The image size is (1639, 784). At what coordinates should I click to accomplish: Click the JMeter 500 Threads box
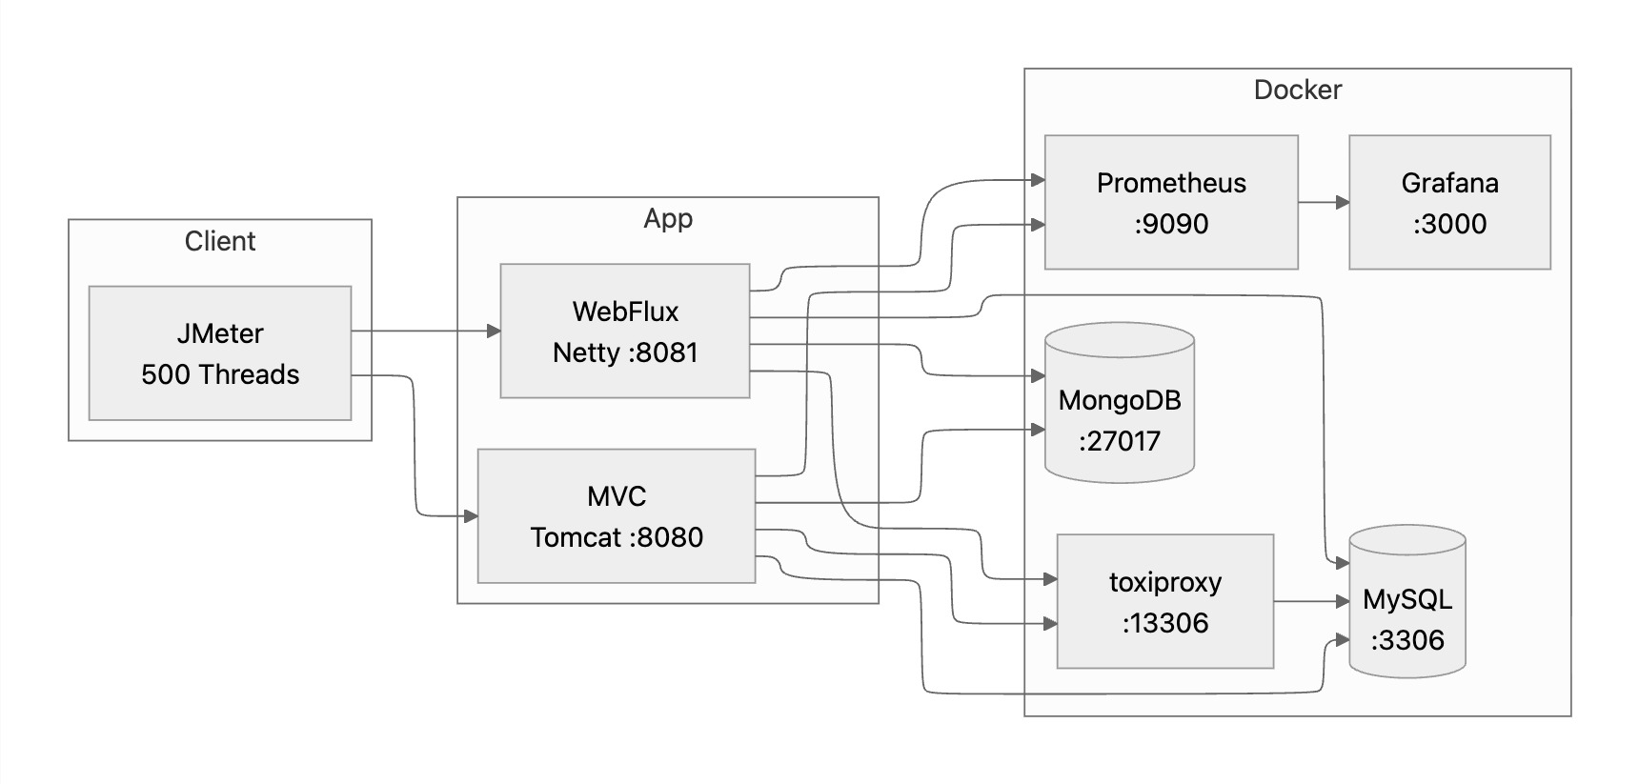pos(220,353)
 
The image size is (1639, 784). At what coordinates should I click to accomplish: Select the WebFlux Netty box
pos(625,331)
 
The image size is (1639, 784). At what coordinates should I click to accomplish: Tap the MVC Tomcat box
pos(617,516)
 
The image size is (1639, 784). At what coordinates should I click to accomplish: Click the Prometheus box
pos(1171,202)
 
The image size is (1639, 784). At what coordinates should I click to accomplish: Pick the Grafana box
pos(1449,202)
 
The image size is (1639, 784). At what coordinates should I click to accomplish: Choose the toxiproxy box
pos(1164,601)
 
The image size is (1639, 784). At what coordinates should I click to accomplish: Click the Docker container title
pos(1297,90)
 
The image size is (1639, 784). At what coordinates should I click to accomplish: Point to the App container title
pos(667,218)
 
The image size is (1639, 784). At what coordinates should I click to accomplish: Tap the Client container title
pos(220,241)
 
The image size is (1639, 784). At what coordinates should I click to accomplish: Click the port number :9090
pos(1171,224)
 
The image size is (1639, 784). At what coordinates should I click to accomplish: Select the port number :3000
pos(1449,224)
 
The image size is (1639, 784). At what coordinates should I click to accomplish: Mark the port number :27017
pos(1120,441)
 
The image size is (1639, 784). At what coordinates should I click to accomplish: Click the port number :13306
pos(1164,623)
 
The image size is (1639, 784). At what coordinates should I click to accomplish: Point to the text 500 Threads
pos(220,374)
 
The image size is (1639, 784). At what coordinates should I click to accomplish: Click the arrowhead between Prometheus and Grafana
pos(1343,202)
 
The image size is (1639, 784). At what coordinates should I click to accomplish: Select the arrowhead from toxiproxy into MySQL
pos(1343,601)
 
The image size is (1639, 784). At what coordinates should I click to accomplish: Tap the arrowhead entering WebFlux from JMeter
pos(494,331)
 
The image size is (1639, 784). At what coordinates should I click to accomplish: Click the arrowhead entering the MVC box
pos(470,516)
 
